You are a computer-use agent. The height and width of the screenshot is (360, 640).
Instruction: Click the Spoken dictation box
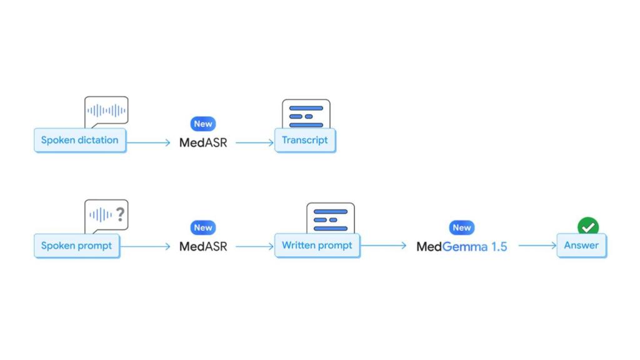pos(79,140)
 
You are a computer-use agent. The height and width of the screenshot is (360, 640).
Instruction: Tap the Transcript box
pos(305,140)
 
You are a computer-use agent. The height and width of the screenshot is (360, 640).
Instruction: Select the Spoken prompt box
pos(76,246)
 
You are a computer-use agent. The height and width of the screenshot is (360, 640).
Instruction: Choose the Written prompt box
pos(317,246)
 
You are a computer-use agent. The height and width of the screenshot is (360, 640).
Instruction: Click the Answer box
pos(581,246)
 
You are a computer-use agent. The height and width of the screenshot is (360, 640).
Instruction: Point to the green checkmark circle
pos(587,226)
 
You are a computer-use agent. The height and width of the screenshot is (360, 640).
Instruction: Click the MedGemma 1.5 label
pos(462,246)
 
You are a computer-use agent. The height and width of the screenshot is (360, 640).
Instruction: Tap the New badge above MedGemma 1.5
pos(462,228)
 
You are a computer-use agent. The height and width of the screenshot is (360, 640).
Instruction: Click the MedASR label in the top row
pos(203,142)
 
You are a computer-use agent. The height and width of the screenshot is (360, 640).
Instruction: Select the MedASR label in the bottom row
pos(203,246)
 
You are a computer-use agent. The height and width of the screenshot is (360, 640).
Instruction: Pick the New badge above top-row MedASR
pos(203,124)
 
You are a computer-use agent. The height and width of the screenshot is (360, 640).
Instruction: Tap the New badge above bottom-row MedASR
pos(203,228)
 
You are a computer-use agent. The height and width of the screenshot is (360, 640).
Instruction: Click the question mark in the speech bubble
pos(120,215)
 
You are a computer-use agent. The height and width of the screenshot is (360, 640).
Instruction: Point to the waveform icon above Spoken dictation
pos(106,111)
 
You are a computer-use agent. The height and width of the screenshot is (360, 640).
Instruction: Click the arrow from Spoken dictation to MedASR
pos(148,143)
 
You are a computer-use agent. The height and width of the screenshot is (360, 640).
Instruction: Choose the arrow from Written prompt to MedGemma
pos(384,246)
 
